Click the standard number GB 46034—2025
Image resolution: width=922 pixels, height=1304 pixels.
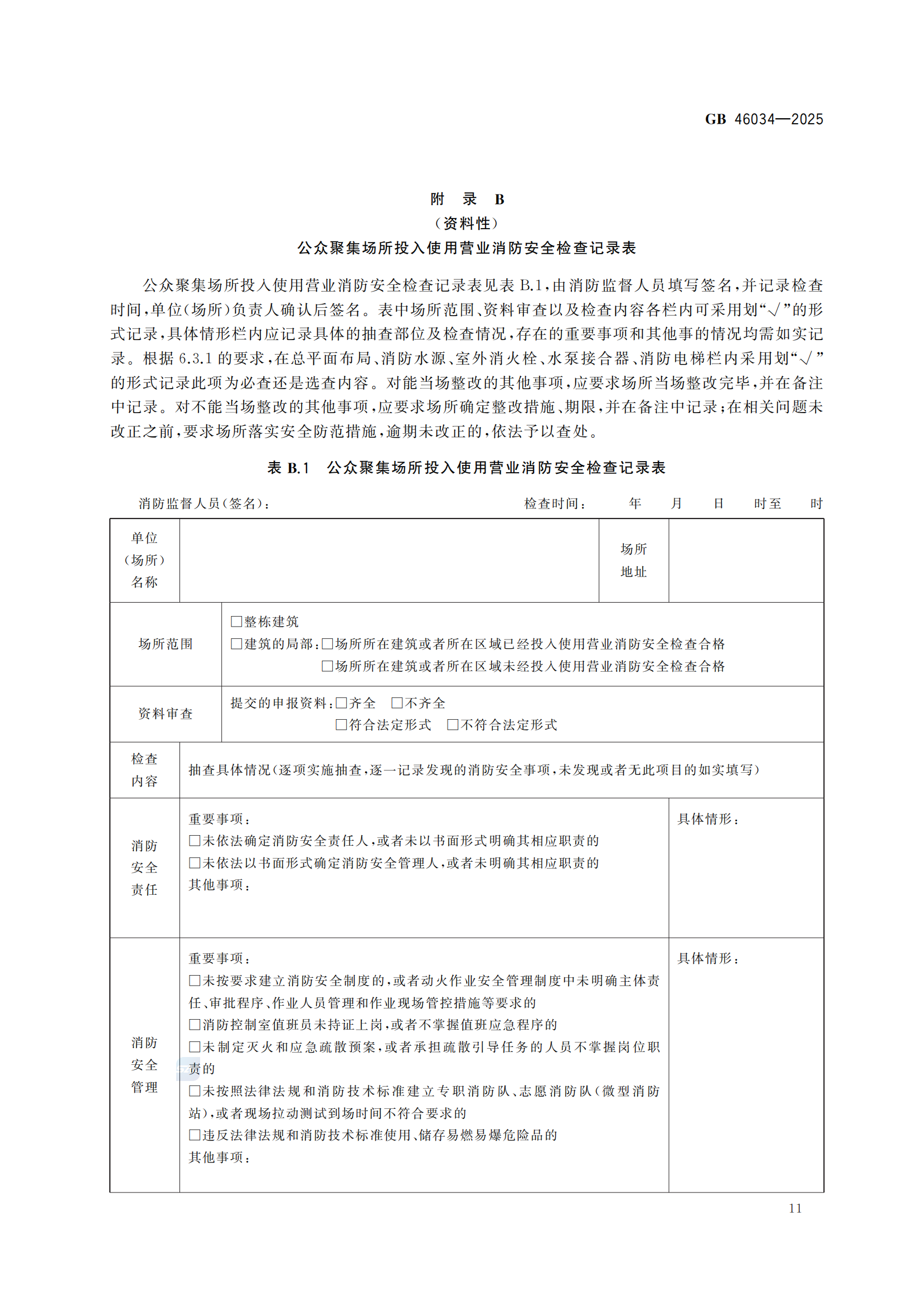click(764, 119)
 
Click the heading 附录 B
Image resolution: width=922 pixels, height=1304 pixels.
click(467, 200)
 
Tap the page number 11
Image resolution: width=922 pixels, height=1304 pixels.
click(795, 1208)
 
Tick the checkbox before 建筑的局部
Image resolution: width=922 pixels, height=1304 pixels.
click(236, 643)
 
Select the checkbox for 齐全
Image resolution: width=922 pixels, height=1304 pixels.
click(341, 703)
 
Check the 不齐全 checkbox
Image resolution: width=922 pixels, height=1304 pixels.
click(397, 703)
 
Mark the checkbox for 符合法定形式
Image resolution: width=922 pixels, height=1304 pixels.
click(341, 725)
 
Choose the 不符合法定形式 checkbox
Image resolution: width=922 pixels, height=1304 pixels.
click(453, 725)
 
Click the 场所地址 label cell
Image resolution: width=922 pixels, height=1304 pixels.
click(634, 560)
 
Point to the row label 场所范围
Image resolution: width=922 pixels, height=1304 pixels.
click(165, 644)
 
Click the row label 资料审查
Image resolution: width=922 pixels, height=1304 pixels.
click(165, 714)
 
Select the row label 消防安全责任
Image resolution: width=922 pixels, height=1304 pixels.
click(144, 867)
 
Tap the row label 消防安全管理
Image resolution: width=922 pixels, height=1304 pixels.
click(144, 1065)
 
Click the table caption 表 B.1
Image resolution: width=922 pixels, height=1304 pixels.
click(288, 468)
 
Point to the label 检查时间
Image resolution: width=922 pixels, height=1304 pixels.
click(554, 504)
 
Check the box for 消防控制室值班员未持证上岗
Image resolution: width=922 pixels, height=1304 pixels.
click(194, 1024)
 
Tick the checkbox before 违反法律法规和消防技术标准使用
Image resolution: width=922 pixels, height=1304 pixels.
click(194, 1135)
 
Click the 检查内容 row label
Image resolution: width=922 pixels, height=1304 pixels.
click(144, 769)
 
